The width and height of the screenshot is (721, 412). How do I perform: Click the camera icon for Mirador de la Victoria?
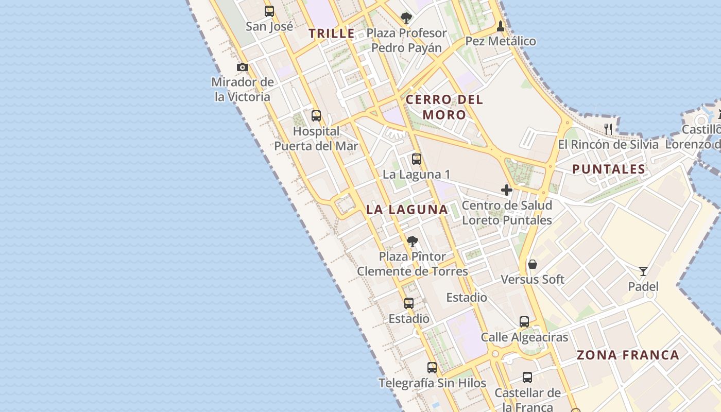(243, 67)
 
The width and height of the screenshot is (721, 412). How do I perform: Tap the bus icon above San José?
(269, 11)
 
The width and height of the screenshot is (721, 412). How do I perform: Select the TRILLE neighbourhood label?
(332, 34)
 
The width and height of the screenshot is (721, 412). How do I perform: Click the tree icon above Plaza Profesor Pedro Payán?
(406, 18)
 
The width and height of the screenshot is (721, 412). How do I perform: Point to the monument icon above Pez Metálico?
(501, 26)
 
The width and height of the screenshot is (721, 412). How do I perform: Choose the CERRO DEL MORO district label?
(444, 107)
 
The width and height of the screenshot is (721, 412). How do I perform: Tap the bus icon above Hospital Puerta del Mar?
(316, 116)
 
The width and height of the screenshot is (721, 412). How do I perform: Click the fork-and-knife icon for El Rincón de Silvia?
(608, 129)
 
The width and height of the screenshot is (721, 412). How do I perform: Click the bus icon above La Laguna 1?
(417, 159)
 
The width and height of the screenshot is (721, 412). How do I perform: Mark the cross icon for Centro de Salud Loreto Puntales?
(507, 190)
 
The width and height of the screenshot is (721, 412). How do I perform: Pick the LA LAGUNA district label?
(407, 210)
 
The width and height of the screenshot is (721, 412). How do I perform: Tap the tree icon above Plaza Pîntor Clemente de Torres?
(412, 241)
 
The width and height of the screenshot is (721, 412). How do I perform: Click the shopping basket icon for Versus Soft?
(533, 265)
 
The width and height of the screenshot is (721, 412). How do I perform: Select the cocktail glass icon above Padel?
(643, 271)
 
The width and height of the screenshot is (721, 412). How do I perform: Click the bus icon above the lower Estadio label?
(409, 303)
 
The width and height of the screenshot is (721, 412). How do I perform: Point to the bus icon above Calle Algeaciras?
(524, 322)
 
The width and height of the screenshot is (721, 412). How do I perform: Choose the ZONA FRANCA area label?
(628, 355)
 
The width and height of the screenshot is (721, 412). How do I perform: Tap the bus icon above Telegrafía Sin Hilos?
(432, 368)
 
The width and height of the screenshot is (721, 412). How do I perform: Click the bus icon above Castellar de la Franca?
(527, 377)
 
